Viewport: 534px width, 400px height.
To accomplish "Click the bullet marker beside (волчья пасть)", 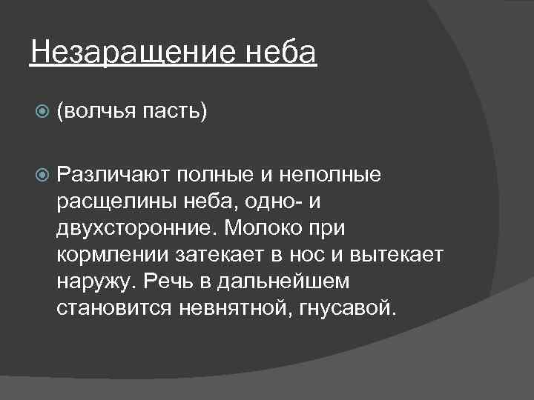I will tap(42, 112).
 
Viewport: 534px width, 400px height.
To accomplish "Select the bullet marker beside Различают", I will tap(42, 175).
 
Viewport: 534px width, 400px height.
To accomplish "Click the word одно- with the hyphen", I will tap(268, 201).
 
